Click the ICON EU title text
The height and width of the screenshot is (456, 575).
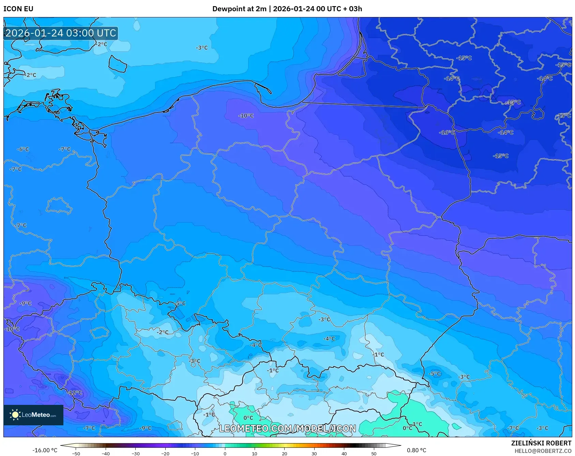coord(18,9)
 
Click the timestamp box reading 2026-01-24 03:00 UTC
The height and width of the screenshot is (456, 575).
coord(61,33)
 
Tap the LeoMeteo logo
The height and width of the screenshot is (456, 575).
coord(33,415)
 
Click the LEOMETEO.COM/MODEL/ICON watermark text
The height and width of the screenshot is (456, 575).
coord(287,428)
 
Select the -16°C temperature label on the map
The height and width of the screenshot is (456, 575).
coord(447,132)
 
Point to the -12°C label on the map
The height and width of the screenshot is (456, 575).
coord(75,393)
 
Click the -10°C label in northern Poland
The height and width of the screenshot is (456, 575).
coord(246,116)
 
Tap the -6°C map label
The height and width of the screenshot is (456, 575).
coord(23,149)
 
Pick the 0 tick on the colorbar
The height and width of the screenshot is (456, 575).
coord(225,453)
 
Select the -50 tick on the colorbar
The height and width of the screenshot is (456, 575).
coord(76,453)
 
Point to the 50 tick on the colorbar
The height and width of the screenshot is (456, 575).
coord(374,453)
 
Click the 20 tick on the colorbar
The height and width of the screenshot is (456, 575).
coord(284,453)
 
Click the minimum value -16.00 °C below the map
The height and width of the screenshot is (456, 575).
coord(45,450)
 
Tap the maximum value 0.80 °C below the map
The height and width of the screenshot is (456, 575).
coord(416,450)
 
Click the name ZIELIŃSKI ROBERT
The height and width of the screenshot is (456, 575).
coord(541,443)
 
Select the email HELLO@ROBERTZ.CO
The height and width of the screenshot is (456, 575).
coord(543,451)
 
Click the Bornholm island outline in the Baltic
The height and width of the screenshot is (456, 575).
coord(118,64)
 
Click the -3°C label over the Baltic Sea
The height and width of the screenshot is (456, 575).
coord(202,48)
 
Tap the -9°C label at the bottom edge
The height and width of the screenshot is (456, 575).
coord(146,428)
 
